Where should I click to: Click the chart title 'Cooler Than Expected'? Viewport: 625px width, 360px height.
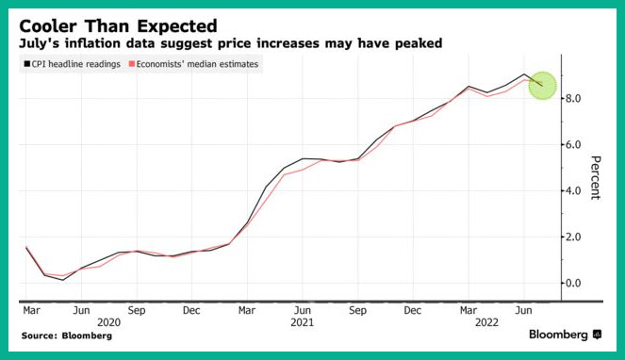coord(118,26)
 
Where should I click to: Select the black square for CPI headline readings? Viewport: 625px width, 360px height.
coord(27,64)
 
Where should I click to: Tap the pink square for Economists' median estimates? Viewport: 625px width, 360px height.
coord(132,64)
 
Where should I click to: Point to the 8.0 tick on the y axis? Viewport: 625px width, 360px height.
coord(573,98)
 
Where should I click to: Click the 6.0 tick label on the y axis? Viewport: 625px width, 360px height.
coord(573,144)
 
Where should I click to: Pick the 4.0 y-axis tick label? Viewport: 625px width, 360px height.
coord(573,190)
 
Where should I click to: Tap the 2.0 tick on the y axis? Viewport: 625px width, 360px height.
coord(573,237)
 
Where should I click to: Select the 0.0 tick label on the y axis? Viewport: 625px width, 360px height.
coord(573,283)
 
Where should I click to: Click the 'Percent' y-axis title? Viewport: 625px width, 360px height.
coord(596,178)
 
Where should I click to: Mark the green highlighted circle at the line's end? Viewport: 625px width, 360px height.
coord(542,86)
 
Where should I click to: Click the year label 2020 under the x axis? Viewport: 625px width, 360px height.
coord(108,322)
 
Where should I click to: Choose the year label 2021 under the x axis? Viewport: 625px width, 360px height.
coord(303,322)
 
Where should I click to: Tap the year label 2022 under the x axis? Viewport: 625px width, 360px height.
coord(486,322)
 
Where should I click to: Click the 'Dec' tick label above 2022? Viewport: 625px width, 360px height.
coord(412,310)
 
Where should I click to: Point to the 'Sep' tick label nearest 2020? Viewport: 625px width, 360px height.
coord(137,310)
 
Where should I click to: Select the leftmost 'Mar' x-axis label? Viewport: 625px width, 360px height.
coord(31,310)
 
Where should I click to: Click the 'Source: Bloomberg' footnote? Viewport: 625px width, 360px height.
coord(67,335)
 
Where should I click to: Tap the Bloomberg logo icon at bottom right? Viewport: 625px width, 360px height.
coord(597,335)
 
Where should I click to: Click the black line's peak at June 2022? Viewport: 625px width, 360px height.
coord(524,74)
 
